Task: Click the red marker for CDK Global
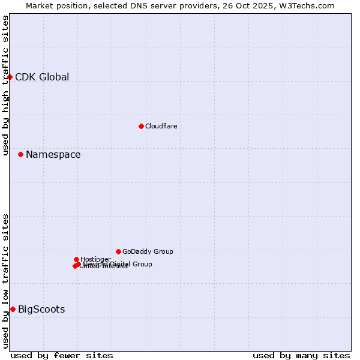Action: [x=10, y=77]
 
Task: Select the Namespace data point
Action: [x=20, y=154]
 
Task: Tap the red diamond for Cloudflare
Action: [x=141, y=126]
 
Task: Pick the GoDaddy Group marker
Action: [x=118, y=251]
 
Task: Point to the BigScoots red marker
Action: [x=13, y=309]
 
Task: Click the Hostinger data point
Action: [x=76, y=259]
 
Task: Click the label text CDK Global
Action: [x=42, y=77]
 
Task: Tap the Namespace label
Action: [x=53, y=155]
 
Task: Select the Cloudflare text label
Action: [x=161, y=126]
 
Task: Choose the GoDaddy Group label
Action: [x=148, y=251]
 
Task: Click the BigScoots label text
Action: [x=41, y=310]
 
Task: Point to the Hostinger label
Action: [x=95, y=259]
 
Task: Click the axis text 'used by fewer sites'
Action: [x=62, y=355]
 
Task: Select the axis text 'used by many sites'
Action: [x=301, y=355]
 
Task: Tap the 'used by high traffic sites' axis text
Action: [x=6, y=85]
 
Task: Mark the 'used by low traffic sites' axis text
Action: [x=6, y=281]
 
